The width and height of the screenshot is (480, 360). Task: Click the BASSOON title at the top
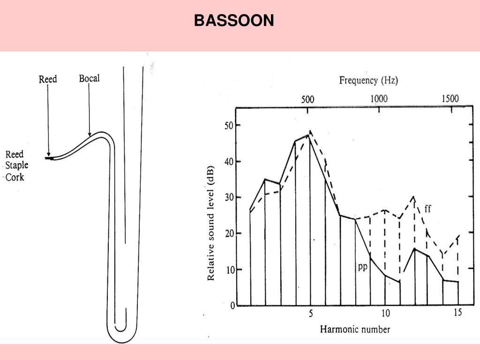point(234,21)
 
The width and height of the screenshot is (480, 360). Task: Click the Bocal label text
point(89,78)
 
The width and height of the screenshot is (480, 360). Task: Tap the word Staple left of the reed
point(17,165)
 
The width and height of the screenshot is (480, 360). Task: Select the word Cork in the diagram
point(15,177)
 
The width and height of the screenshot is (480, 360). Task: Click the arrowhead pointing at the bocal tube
point(90,134)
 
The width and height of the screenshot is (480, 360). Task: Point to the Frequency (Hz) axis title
point(368,81)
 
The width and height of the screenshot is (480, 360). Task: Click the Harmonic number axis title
point(355,330)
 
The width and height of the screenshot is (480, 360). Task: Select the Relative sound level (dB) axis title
point(210,223)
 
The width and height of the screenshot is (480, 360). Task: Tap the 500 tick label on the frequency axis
point(307,99)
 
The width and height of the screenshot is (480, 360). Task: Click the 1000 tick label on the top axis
point(379,99)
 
